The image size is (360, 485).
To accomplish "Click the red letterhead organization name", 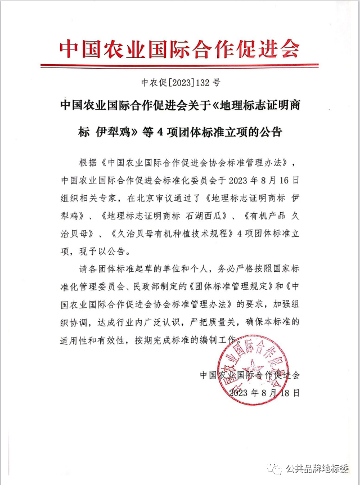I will pyautogui.click(x=179, y=49).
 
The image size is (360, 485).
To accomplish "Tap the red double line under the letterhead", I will pyautogui.click(x=179, y=67).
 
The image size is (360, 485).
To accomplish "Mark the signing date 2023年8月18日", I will pyautogui.click(x=264, y=393).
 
